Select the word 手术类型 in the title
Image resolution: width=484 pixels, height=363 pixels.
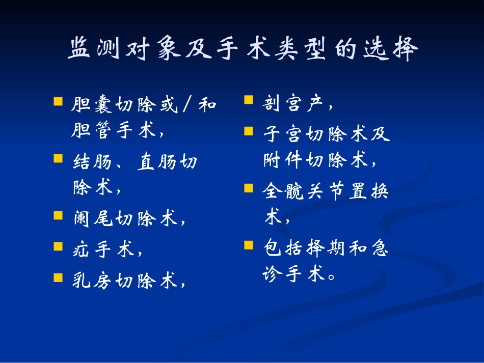click(259, 49)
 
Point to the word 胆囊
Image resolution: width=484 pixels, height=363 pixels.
click(93, 105)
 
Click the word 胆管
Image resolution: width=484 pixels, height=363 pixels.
click(93, 131)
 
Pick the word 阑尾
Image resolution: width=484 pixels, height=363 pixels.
click(93, 219)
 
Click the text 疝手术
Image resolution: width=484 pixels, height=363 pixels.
click(104, 249)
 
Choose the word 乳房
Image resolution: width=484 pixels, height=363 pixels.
click(93, 280)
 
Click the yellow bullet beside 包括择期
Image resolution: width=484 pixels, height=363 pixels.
click(249, 245)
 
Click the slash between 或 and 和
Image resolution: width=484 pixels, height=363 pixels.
click(186, 105)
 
